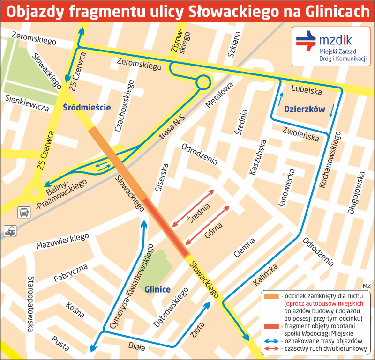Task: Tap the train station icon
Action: click(10, 230)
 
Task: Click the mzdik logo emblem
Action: click(305, 40)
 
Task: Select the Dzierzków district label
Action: click(304, 109)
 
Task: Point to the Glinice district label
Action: click(157, 289)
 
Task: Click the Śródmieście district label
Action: click(87, 107)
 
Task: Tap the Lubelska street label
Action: click(306, 89)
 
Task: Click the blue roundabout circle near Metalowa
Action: click(203, 82)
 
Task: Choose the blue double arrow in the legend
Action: click(271, 341)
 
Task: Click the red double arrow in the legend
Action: click(271, 349)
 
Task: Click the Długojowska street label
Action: click(356, 192)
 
